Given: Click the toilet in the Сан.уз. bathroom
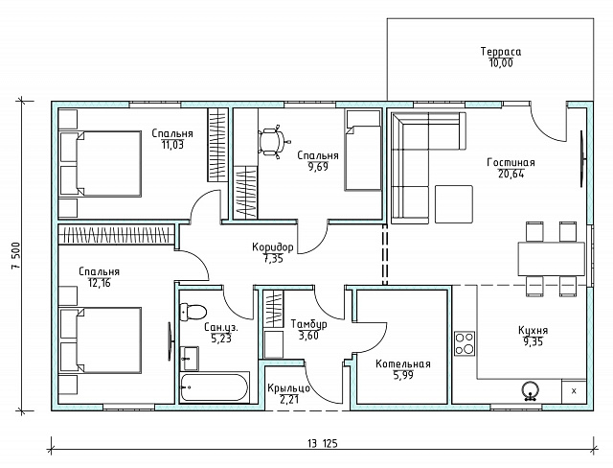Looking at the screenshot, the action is (x=193, y=312).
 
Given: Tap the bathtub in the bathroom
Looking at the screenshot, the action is (x=215, y=387).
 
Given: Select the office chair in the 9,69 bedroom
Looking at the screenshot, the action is (x=274, y=141).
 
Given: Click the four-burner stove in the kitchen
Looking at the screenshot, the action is (x=465, y=343).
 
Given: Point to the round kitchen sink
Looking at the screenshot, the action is (x=531, y=390).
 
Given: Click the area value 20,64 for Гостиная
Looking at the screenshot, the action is (x=511, y=175).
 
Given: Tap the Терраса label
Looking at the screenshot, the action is (x=501, y=52).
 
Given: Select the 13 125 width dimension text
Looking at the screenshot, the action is (x=323, y=444).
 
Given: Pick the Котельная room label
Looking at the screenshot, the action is (x=403, y=364).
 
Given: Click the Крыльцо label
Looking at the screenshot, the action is (x=289, y=388).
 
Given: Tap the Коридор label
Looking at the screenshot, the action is (x=272, y=247).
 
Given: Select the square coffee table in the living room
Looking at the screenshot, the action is (x=454, y=204).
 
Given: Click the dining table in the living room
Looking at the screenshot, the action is (x=552, y=259).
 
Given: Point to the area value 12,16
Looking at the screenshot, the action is (x=100, y=283).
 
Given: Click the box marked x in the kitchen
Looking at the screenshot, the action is (x=574, y=391).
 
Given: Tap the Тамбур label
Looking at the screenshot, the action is (x=308, y=324).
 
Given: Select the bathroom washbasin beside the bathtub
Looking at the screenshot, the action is (x=190, y=359).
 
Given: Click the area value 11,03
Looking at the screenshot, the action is (x=172, y=145).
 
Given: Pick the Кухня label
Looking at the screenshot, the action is (x=533, y=330).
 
